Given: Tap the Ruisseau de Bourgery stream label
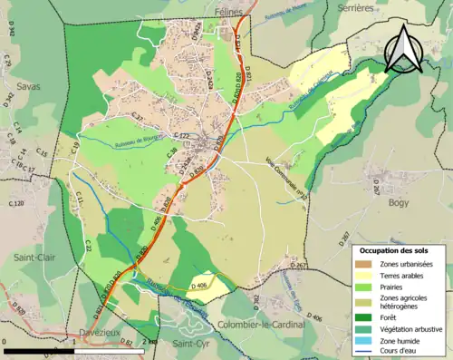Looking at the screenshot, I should [x=132, y=142].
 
